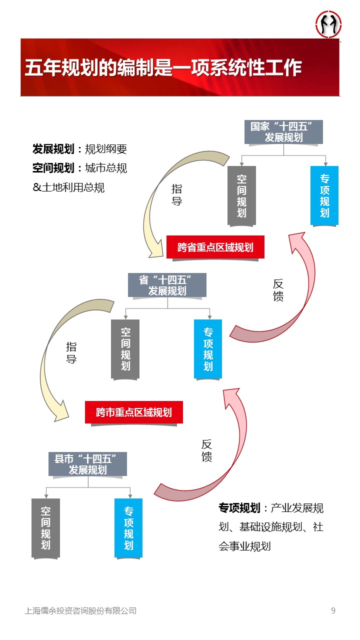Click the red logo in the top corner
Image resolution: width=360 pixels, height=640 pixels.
click(x=328, y=24)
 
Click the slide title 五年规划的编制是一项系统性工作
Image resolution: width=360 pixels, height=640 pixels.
click(x=163, y=68)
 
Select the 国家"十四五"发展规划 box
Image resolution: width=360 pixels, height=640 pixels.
click(x=283, y=132)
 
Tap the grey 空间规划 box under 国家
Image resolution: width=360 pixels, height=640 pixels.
click(x=241, y=195)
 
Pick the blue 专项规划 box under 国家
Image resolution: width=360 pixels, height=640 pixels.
click(x=324, y=195)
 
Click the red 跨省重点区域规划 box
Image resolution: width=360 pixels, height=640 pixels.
click(x=215, y=247)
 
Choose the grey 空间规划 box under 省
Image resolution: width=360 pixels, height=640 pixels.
click(x=125, y=348)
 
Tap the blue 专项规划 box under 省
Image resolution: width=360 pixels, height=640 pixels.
click(x=208, y=348)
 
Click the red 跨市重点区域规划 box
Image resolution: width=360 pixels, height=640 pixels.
click(x=133, y=412)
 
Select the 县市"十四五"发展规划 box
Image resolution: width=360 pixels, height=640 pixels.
click(x=87, y=464)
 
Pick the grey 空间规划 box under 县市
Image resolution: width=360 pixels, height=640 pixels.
click(x=45, y=527)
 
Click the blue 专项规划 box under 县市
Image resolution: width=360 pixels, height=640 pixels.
click(x=128, y=527)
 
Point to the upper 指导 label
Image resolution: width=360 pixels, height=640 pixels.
click(x=176, y=195)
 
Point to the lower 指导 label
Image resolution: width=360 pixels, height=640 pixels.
click(x=71, y=352)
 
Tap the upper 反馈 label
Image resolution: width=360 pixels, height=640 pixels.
click(x=278, y=290)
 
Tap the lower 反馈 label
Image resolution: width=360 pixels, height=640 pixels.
click(x=206, y=450)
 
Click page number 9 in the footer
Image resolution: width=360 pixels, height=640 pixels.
click(x=333, y=610)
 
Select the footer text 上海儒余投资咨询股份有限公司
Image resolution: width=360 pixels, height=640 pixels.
click(x=80, y=610)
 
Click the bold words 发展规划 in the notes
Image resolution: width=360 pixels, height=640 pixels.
click(x=53, y=149)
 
